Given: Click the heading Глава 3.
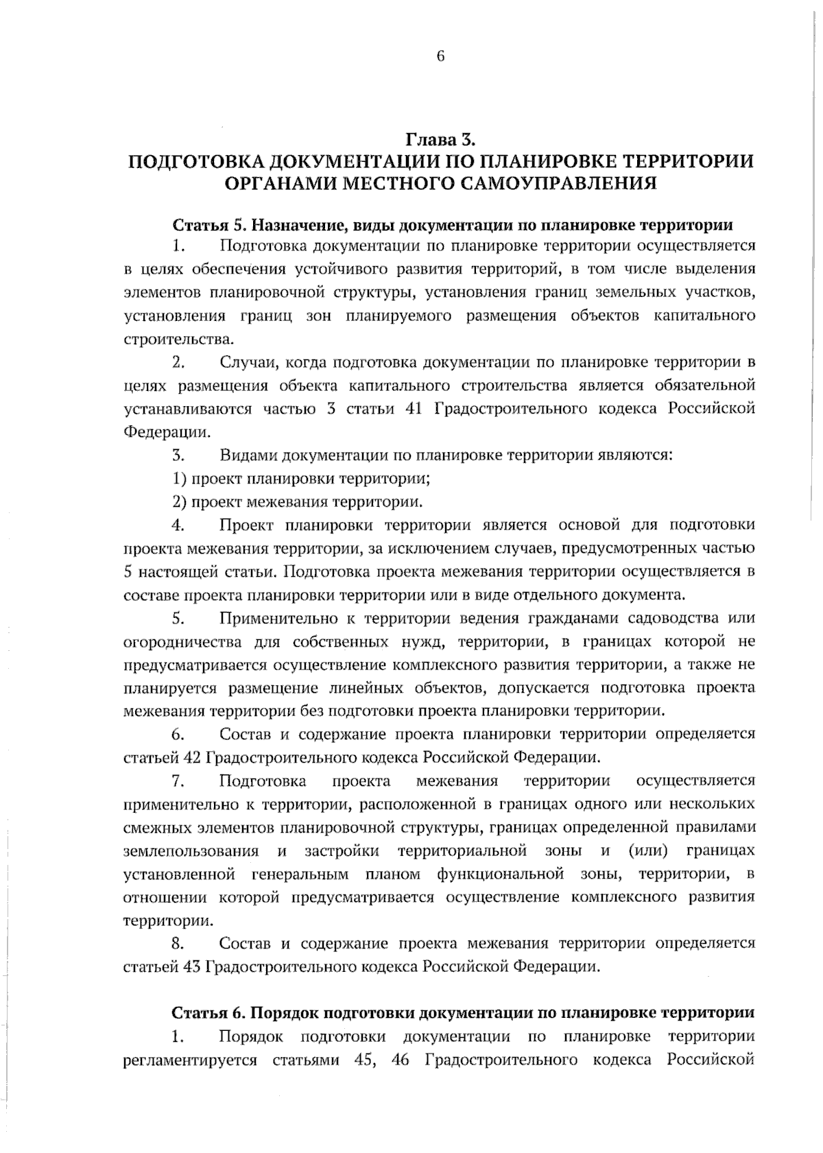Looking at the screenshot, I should pos(440,140).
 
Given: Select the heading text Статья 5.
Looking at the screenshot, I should pos(201,225).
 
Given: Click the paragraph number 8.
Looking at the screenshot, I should pos(177,943).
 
